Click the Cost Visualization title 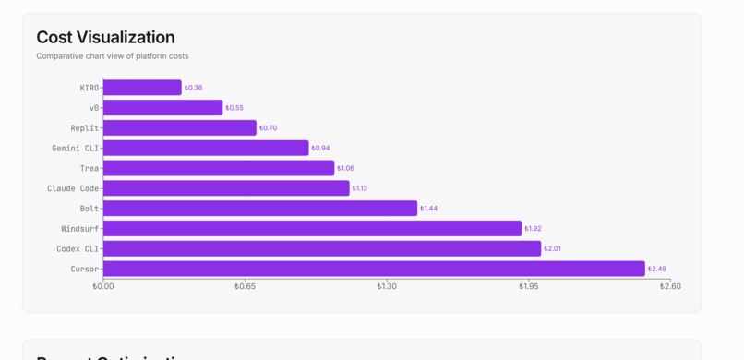point(105,38)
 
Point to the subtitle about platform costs point(113,56)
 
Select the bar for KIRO point(142,88)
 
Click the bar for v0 point(162,108)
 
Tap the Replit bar point(179,128)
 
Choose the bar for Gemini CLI point(206,148)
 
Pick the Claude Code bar point(226,188)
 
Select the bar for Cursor point(374,269)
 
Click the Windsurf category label point(80,229)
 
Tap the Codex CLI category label point(78,249)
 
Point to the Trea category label point(90,168)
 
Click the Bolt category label point(90,209)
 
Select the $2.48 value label point(657,270)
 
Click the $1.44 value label point(429,209)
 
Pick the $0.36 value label point(193,88)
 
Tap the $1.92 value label point(533,229)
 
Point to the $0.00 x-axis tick point(103,287)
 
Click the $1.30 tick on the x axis point(387,287)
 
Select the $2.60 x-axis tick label point(670,287)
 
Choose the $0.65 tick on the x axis point(245,287)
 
